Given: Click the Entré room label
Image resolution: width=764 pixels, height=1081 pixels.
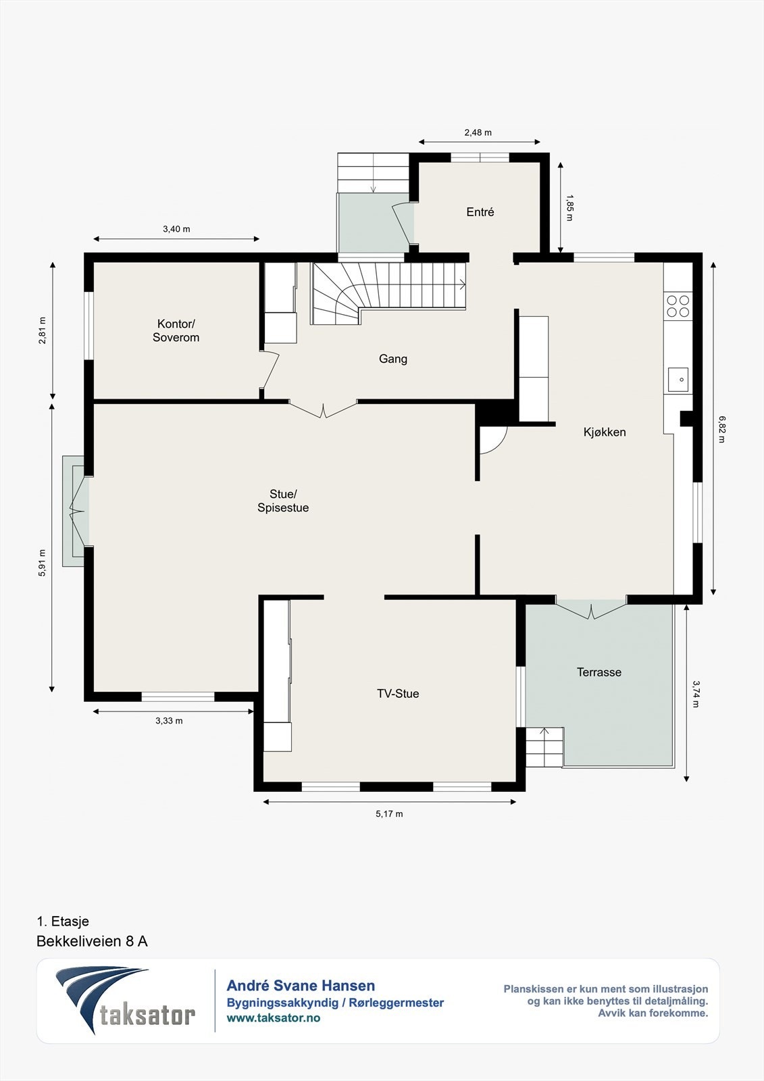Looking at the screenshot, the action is pyautogui.click(x=480, y=212).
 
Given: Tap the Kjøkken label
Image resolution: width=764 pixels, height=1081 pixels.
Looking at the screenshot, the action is pyautogui.click(x=605, y=432).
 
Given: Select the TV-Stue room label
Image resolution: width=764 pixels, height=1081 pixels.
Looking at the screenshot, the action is pyautogui.click(x=398, y=693).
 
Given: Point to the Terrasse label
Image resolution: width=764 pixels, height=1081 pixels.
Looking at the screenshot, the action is pyautogui.click(x=599, y=672).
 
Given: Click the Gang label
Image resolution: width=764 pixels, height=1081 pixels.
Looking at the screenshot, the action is pyautogui.click(x=393, y=359).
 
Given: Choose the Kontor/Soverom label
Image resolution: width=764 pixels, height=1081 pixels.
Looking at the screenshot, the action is pyautogui.click(x=176, y=330).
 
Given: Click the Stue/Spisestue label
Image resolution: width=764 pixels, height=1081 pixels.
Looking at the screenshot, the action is pyautogui.click(x=283, y=501).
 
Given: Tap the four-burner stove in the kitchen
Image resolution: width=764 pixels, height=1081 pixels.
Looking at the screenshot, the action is pyautogui.click(x=678, y=306).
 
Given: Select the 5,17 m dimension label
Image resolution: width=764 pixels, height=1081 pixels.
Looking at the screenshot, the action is pyautogui.click(x=389, y=813).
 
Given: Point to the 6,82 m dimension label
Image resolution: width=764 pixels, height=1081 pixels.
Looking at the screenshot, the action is pyautogui.click(x=721, y=429).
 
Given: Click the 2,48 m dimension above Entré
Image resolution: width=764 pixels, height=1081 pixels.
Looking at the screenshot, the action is pyautogui.click(x=478, y=132).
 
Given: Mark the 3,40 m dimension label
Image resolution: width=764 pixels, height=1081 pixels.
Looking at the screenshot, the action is pyautogui.click(x=176, y=229).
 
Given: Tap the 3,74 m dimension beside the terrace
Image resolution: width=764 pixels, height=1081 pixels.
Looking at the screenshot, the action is pyautogui.click(x=696, y=694).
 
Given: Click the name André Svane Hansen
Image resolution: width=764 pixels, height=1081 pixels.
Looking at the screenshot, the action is pyautogui.click(x=301, y=986).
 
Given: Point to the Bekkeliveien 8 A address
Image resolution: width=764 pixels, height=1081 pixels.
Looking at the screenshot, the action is pyautogui.click(x=92, y=942).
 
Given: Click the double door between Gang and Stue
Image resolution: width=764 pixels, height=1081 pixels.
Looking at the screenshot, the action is pyautogui.click(x=323, y=409).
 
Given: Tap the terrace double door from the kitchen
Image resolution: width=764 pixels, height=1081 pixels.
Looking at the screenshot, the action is pyautogui.click(x=591, y=608).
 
